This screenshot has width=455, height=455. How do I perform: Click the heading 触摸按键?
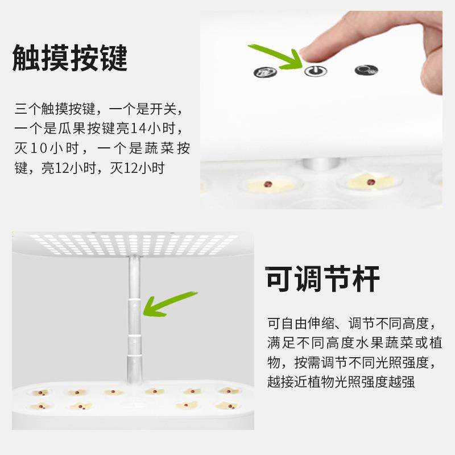tap(70, 58)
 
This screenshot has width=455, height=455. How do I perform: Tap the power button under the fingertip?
tap(312, 71)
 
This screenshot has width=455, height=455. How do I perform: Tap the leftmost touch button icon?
tap(265, 72)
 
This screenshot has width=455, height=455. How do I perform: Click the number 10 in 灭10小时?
tap(39, 148)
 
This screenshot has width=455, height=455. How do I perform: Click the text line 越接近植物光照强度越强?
tap(341, 382)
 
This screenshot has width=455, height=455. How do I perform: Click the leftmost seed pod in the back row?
tap(41, 392)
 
